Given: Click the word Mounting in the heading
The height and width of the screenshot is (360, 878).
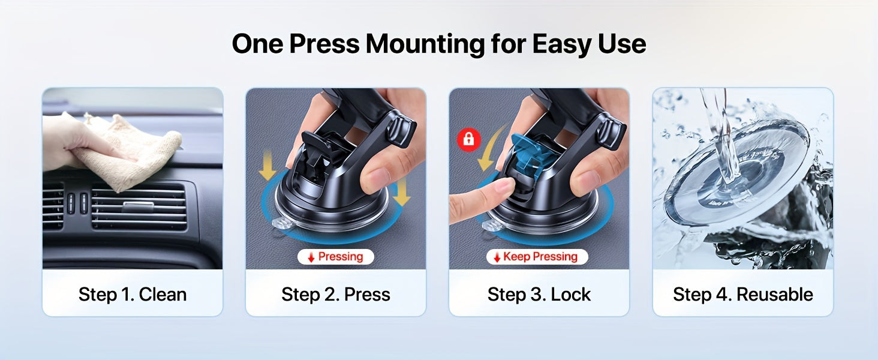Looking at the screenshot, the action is click(425, 44).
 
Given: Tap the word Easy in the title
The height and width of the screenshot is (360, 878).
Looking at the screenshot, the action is click(562, 44).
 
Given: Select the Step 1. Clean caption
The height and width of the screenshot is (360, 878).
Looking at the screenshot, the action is click(133, 294).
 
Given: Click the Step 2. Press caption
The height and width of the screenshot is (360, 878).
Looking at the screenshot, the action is click(335, 294).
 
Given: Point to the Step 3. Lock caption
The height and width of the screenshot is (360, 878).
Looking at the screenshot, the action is click(539, 294).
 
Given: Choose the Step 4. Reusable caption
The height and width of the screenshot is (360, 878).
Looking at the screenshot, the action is click(743, 294).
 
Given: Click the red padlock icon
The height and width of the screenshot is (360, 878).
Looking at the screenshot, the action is click(469, 139).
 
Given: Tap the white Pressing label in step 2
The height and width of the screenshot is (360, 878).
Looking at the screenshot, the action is click(335, 257).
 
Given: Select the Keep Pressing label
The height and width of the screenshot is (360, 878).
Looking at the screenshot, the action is click(537, 257).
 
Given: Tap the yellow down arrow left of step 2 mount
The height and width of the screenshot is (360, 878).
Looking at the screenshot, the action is click(267, 166).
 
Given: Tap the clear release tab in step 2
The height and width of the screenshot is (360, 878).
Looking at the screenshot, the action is click(282, 224).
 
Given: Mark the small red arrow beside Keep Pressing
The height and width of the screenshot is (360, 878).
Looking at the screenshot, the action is click(497, 257).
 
